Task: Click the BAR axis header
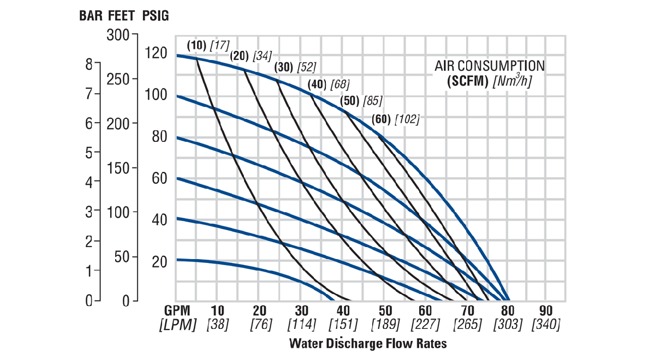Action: click(90, 15)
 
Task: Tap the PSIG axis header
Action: click(156, 15)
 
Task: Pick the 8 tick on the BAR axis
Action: click(89, 64)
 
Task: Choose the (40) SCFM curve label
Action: click(317, 85)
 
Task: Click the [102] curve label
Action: click(407, 119)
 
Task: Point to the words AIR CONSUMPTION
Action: click(490, 66)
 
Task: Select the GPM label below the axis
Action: click(177, 311)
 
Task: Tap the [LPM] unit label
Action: click(177, 325)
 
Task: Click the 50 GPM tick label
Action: click(385, 311)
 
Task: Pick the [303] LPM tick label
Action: click(508, 325)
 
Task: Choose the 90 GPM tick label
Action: click(546, 311)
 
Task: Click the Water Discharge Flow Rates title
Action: click(368, 344)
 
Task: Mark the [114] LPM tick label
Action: click(301, 325)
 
